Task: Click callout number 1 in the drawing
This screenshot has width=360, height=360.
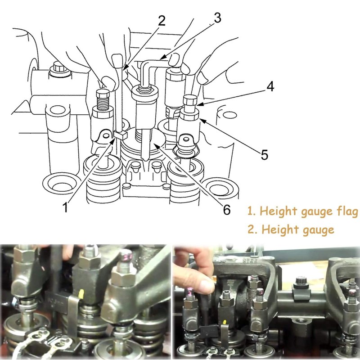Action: pos(66,207)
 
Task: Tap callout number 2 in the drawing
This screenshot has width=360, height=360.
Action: pos(162,20)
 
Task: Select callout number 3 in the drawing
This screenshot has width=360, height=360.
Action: pos(218,18)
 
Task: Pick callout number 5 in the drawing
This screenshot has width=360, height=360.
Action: pos(265,155)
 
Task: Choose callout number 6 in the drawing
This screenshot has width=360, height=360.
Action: pos(226,209)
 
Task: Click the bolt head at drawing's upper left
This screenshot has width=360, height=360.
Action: pos(57,68)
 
